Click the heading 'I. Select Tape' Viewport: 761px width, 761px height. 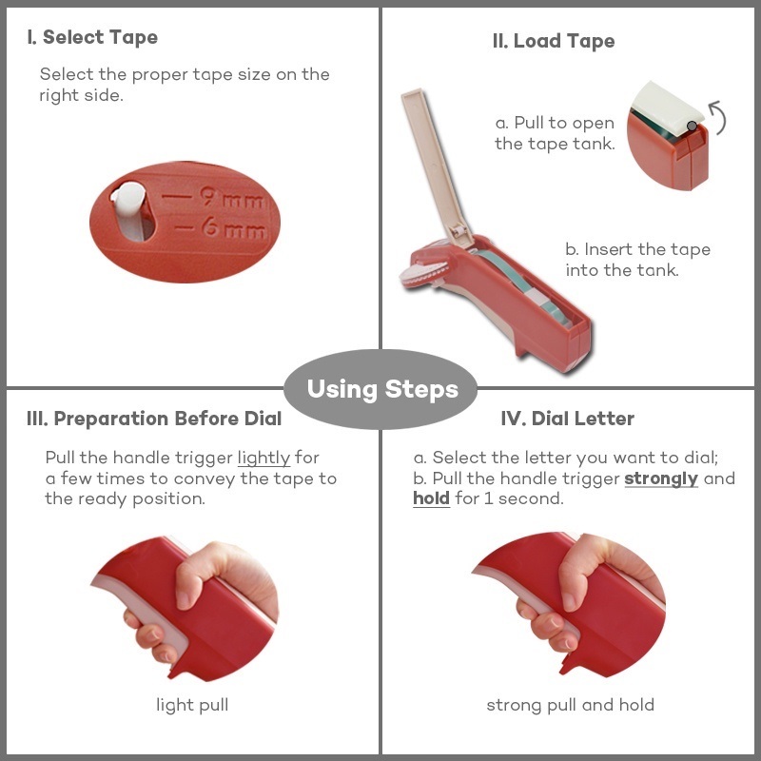pyautogui.click(x=92, y=37)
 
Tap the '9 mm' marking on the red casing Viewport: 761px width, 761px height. pyautogui.click(x=232, y=197)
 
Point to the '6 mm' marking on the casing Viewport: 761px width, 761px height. pyautogui.click(x=234, y=227)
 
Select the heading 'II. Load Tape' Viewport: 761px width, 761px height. pyautogui.click(x=554, y=41)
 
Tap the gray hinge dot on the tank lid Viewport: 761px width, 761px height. pyautogui.click(x=692, y=127)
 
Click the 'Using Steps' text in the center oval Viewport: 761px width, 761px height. pyautogui.click(x=382, y=389)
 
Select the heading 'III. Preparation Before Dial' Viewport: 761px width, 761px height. pyautogui.click(x=154, y=419)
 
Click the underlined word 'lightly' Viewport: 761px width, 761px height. pyautogui.click(x=263, y=458)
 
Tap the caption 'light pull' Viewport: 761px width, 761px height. pyautogui.click(x=192, y=705)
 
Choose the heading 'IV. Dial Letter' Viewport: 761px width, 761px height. pyautogui.click(x=567, y=419)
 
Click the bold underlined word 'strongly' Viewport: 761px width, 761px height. pyautogui.click(x=661, y=478)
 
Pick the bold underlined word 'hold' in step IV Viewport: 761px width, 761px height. pyautogui.click(x=431, y=498)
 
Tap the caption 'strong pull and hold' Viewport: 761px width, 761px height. pyautogui.click(x=570, y=705)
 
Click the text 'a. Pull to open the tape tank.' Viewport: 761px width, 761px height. pyautogui.click(x=555, y=133)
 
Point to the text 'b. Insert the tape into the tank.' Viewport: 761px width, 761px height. pyautogui.click(x=637, y=260)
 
